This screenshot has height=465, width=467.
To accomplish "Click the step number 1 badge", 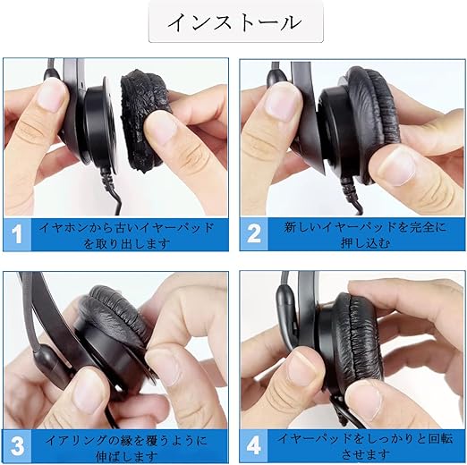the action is click(x=17, y=234).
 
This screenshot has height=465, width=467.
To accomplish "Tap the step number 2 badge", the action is click(x=254, y=234).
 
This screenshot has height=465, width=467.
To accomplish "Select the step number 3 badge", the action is click(x=18, y=446).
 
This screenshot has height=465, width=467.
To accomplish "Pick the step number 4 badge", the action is click(x=254, y=446).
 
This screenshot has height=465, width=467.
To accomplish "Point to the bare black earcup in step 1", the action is click(x=95, y=125).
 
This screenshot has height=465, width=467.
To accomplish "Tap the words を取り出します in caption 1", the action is click(x=127, y=244).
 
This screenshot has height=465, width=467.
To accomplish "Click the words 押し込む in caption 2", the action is click(x=365, y=243).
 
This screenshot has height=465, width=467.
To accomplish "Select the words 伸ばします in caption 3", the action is click(x=127, y=456).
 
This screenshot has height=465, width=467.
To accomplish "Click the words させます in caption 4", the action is click(x=365, y=455).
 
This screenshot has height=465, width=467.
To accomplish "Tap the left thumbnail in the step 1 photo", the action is click(x=51, y=96).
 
